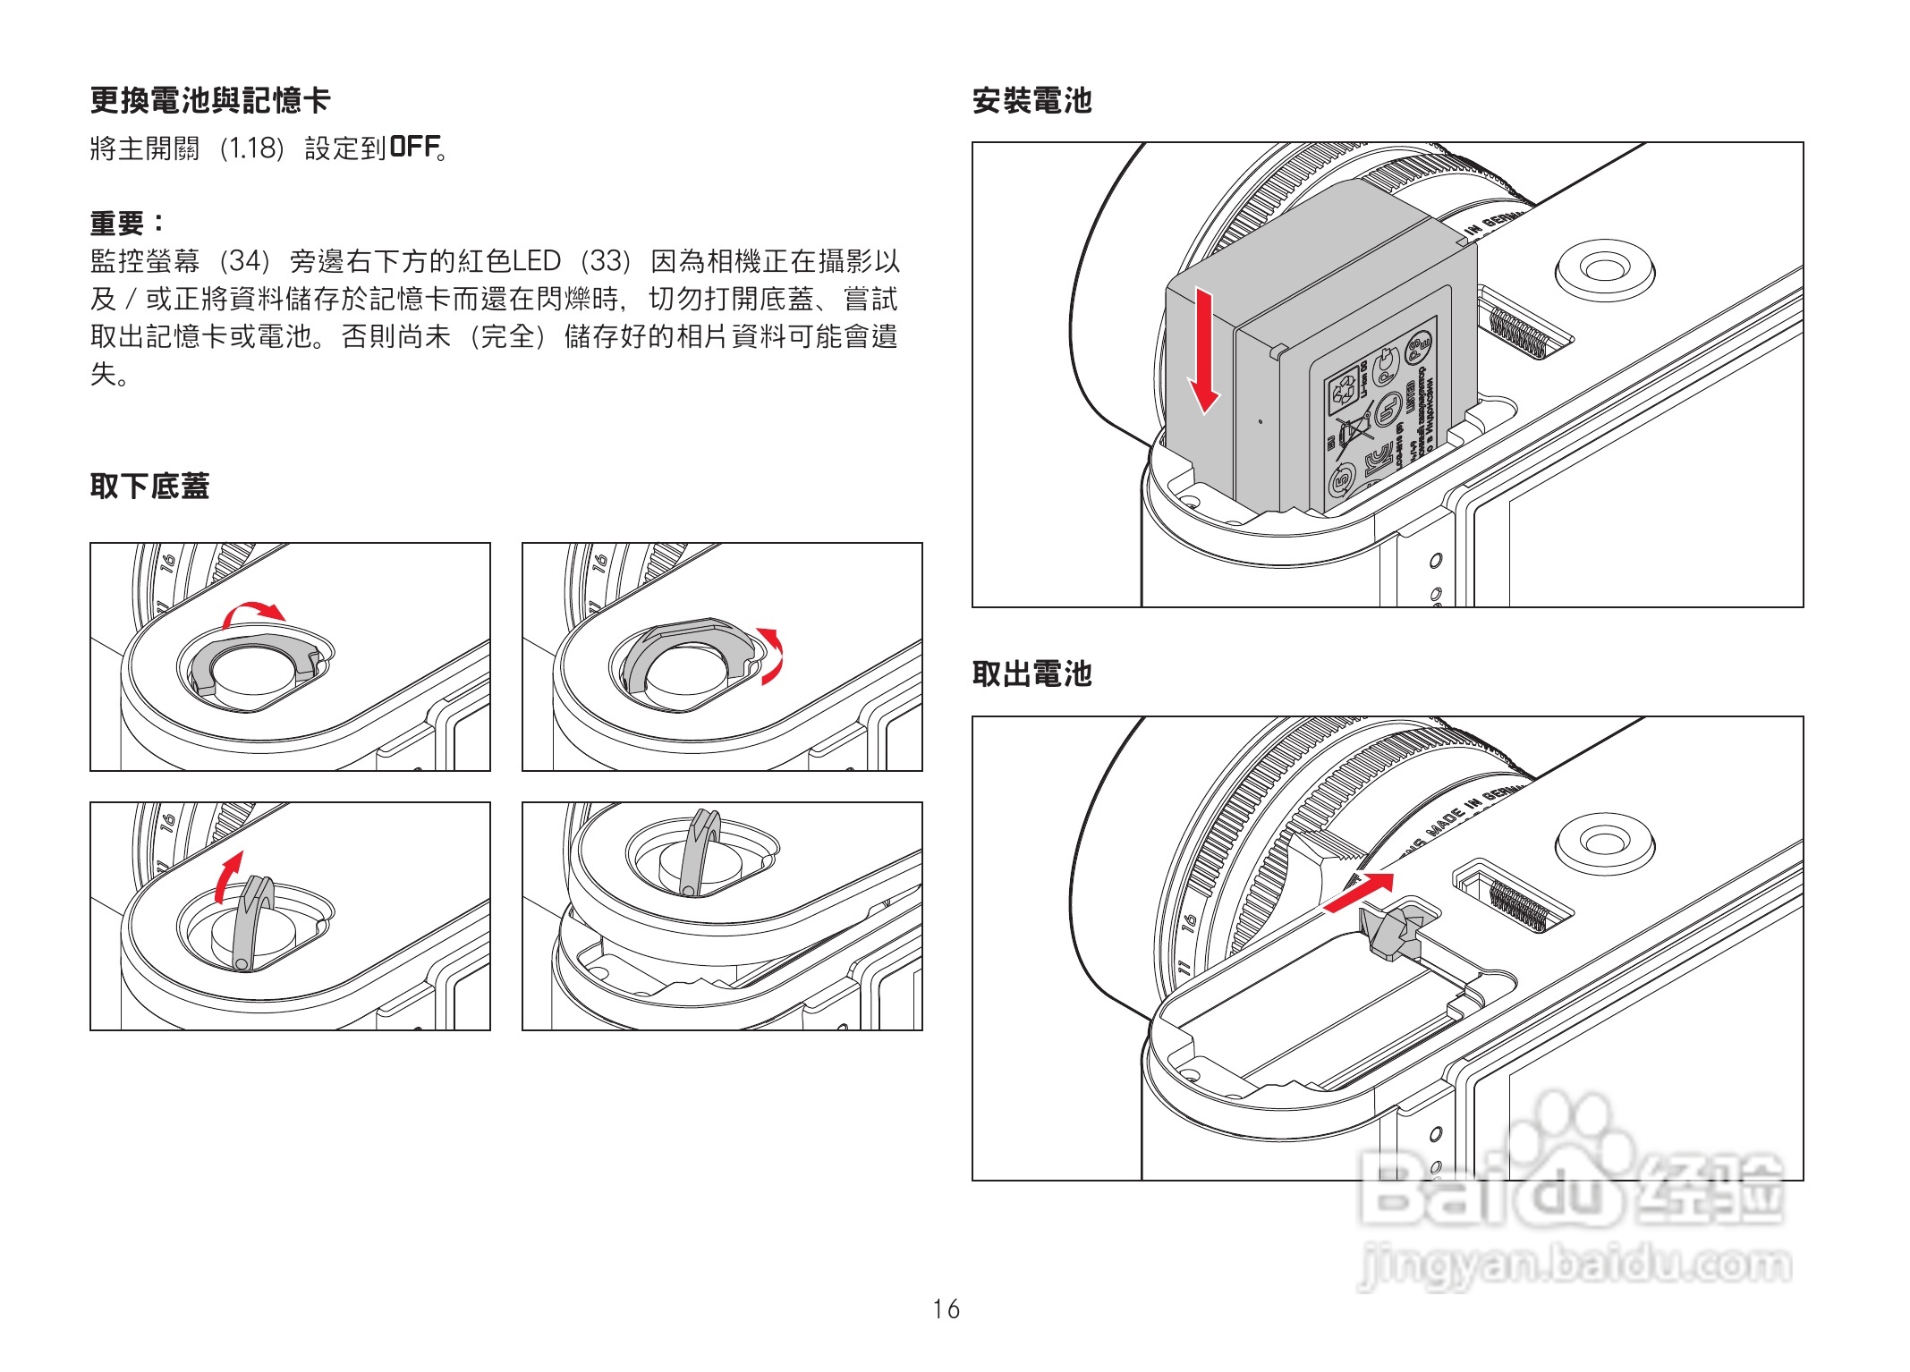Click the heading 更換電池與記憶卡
(210, 100)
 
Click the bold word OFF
(415, 147)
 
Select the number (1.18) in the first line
(251, 148)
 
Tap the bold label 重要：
(128, 222)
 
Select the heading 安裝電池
(1031, 100)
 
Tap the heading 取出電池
(1031, 673)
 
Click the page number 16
(946, 1309)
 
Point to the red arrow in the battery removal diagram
(1359, 892)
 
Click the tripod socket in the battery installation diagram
(1604, 267)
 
